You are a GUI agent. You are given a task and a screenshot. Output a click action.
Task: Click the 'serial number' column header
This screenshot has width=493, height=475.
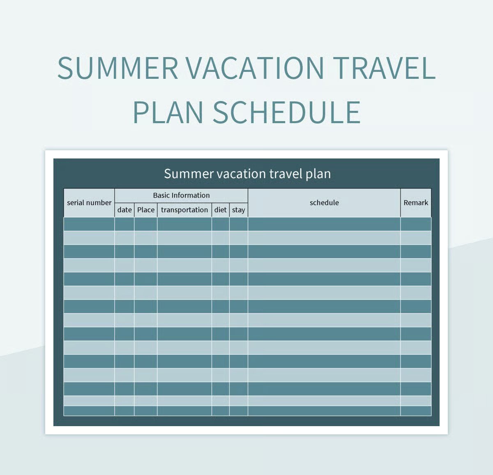(x=89, y=202)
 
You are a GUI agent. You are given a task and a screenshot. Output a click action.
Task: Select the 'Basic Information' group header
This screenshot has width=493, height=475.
(x=181, y=195)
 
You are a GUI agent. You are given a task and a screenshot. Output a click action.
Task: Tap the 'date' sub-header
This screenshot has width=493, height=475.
(x=124, y=210)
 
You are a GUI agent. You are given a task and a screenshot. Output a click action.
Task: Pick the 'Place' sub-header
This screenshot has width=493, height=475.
(x=146, y=210)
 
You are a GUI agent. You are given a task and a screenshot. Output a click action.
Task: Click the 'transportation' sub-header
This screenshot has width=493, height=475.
(x=184, y=210)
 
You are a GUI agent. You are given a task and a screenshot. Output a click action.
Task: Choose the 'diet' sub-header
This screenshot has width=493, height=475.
(x=220, y=210)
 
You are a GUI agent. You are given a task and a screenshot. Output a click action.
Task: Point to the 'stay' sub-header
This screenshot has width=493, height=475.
(x=238, y=210)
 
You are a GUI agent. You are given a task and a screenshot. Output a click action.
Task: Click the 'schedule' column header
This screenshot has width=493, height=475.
(x=324, y=202)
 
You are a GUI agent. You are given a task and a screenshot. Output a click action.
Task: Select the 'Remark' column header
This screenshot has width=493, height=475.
(x=416, y=202)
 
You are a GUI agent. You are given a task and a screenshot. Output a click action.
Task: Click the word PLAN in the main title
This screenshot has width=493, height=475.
(x=168, y=112)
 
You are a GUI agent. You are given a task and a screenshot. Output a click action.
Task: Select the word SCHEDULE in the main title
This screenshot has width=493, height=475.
(x=286, y=112)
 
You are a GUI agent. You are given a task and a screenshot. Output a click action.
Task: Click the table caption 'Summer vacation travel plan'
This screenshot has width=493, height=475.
(x=247, y=174)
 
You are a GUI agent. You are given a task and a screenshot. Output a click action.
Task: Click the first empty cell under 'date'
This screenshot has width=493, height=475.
(x=124, y=224)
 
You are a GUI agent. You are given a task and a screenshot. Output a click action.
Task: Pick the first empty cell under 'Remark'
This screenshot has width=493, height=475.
(x=416, y=224)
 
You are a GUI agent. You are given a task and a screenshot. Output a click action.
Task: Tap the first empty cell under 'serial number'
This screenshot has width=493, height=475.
(x=89, y=224)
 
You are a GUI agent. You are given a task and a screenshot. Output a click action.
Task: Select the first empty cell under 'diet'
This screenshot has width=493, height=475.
(x=220, y=224)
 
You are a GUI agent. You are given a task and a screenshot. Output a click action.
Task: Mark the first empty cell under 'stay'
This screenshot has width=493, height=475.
(x=238, y=224)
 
